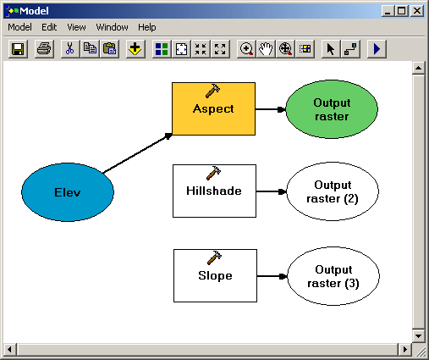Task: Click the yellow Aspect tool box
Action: tap(213, 108)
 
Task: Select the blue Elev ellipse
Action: tap(68, 192)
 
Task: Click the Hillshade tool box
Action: tap(214, 191)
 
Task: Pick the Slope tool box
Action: tap(215, 275)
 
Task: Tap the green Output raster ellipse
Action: tap(332, 109)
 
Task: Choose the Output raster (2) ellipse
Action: tap(333, 191)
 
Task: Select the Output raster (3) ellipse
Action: tap(333, 276)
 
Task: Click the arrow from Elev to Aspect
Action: tap(137, 153)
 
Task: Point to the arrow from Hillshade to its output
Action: tap(272, 191)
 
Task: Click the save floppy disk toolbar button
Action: tap(18, 49)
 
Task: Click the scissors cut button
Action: tap(69, 49)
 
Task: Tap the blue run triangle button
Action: tap(377, 49)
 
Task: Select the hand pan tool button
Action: tap(266, 49)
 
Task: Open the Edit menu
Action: tap(49, 27)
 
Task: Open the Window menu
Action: tap(112, 27)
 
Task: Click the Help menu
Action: tap(146, 27)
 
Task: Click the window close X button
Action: tap(417, 11)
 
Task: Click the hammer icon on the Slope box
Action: tap(214, 258)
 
